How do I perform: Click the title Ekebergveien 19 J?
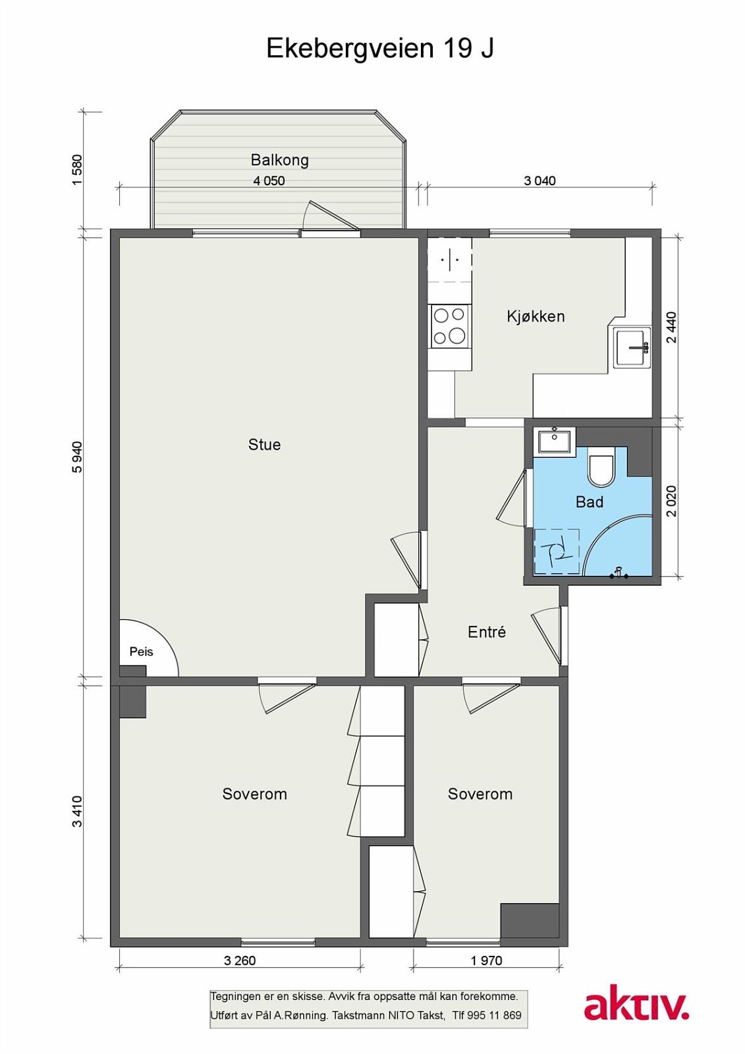(380, 49)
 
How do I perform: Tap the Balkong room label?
(279, 160)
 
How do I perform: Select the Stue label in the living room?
(265, 445)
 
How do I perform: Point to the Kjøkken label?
(536, 316)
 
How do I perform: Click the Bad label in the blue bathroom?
(590, 502)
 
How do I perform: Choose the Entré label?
(487, 632)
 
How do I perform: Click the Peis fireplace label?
(141, 652)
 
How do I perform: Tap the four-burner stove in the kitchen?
(449, 327)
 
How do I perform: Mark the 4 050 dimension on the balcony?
(269, 180)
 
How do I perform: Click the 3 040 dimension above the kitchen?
(539, 180)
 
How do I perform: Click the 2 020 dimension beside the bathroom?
(671, 501)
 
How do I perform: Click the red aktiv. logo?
(636, 1007)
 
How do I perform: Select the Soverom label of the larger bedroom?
(255, 794)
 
